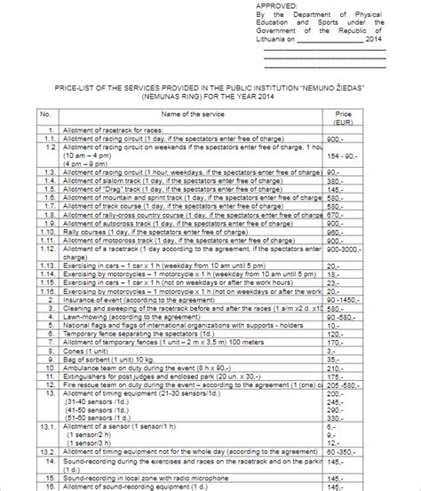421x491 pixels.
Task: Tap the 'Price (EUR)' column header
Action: pyautogui.click(x=344, y=118)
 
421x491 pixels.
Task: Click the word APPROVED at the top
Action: pyautogui.click(x=282, y=4)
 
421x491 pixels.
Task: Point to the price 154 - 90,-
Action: pyautogui.click(x=343, y=154)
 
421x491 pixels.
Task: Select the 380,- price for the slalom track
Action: pyautogui.click(x=335, y=180)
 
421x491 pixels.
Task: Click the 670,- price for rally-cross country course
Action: pyautogui.click(x=335, y=215)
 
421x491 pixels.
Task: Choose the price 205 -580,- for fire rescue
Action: pyautogui.click(x=345, y=386)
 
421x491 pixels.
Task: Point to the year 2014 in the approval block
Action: pyautogui.click(x=375, y=38)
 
